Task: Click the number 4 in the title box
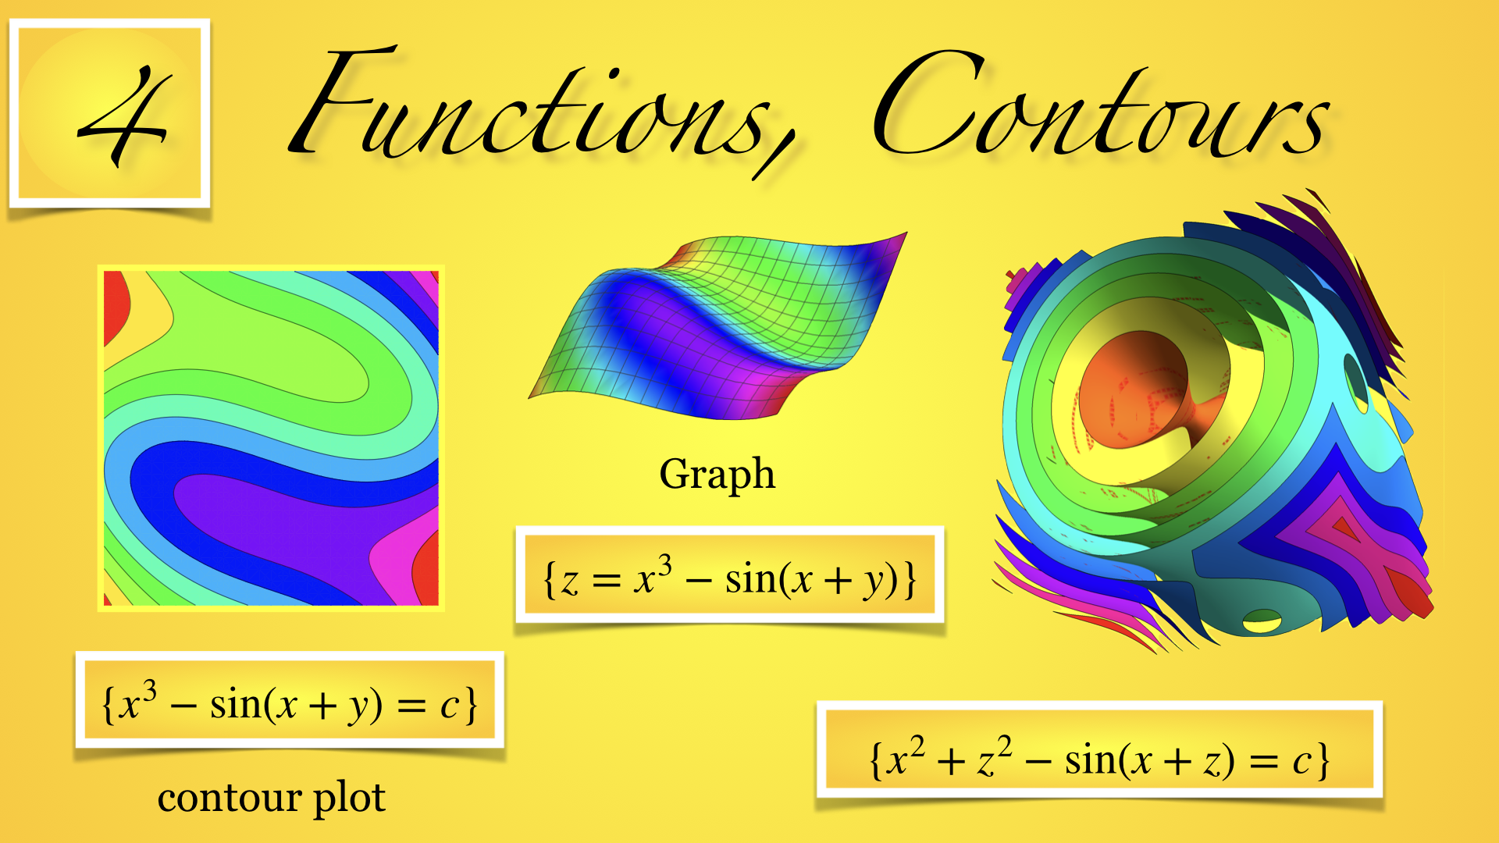pos(123,115)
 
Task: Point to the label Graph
pos(717,475)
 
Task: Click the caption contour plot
pos(272,798)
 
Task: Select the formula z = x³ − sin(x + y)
pos(730,578)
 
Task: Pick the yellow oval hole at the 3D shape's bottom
pos(1262,621)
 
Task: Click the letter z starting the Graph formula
pos(570,582)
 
